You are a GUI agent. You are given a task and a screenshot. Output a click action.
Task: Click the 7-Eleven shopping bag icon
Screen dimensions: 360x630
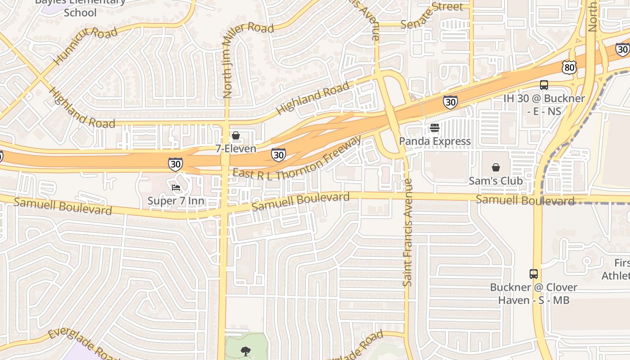pos(235,135)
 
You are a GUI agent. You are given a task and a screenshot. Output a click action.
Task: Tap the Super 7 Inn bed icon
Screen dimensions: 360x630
pos(176,187)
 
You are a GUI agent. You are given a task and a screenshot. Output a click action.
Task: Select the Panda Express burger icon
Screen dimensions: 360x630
pos(434,128)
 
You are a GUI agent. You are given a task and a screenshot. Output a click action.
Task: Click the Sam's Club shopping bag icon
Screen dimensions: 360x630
pos(495,167)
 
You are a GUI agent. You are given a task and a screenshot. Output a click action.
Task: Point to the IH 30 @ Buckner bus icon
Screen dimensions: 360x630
pos(544,85)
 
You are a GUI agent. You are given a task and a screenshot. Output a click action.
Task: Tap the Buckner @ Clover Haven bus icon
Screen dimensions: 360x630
pos(533,274)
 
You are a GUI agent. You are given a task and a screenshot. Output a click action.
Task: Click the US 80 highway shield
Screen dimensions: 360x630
pos(569,67)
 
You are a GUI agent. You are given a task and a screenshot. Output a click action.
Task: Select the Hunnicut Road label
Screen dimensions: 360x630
pos(85,45)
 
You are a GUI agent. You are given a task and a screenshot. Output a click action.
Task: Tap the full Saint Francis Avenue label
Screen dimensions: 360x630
pos(408,232)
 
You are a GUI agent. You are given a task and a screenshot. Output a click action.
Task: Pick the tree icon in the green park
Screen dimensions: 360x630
pos(246,351)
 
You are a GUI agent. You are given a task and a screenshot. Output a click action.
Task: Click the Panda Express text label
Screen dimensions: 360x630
pos(435,141)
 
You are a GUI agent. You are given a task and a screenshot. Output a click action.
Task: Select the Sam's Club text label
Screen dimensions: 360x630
pos(495,181)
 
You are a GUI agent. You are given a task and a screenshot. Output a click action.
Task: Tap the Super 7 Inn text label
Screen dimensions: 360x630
pos(176,201)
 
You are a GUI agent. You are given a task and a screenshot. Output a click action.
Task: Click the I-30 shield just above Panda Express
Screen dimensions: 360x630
pos(450,102)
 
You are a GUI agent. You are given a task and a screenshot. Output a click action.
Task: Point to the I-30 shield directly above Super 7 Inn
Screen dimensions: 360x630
pos(175,164)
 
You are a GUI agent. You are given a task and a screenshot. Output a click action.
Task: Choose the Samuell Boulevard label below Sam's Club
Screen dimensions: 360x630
pos(525,200)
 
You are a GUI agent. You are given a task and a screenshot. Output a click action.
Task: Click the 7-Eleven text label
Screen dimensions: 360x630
pos(235,148)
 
